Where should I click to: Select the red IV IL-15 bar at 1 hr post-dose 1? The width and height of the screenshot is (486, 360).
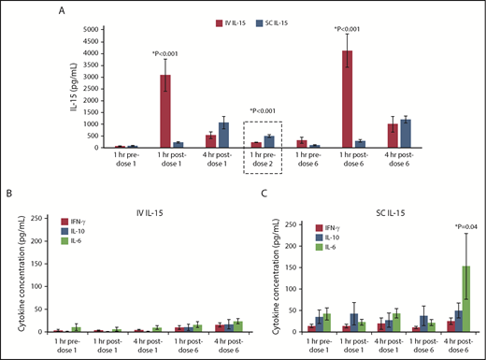pyautogui.click(x=164, y=111)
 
